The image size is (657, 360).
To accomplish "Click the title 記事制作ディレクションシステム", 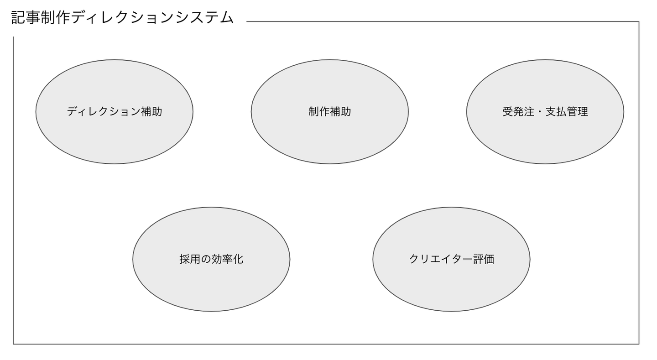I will (122, 18).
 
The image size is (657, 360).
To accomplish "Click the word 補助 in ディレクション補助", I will (151, 112).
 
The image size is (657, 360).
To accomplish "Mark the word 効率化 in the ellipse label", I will (227, 259).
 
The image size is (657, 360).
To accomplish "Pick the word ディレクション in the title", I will (123, 18).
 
